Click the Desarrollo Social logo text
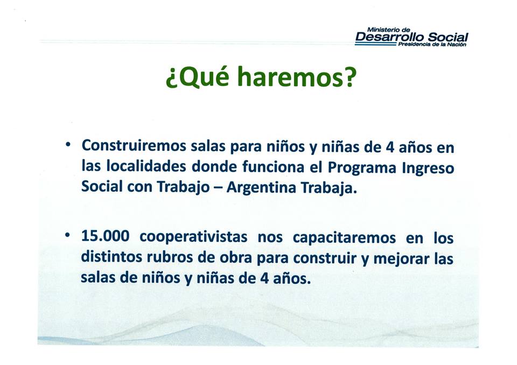pyautogui.click(x=411, y=37)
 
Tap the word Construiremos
pyautogui.click(x=134, y=146)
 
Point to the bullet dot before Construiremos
pyautogui.click(x=68, y=144)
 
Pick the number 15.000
pyautogui.click(x=105, y=236)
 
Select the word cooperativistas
pyautogui.click(x=193, y=237)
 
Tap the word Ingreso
pyautogui.click(x=428, y=168)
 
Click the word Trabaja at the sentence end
pyautogui.click(x=329, y=188)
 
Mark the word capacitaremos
pyautogui.click(x=344, y=238)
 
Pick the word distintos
pyautogui.click(x=111, y=257)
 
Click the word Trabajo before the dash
pyautogui.click(x=183, y=187)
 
